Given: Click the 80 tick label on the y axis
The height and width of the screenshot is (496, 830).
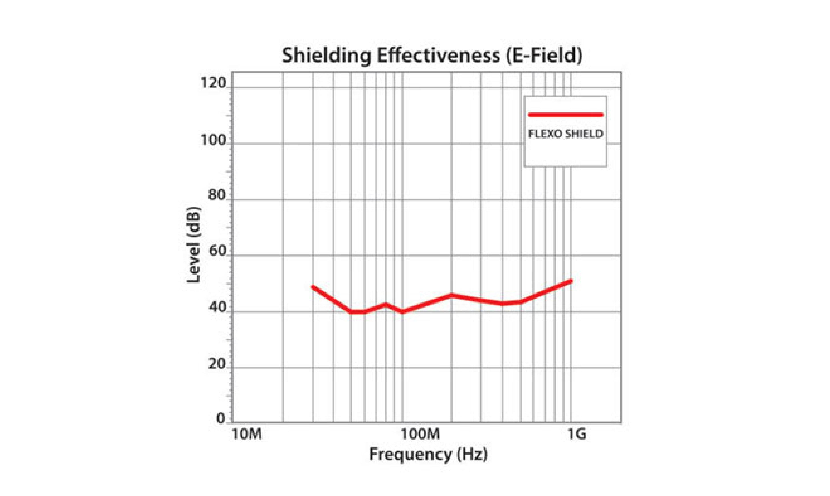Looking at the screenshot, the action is click(x=217, y=195).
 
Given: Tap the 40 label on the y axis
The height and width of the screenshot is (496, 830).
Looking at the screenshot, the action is click(x=217, y=307).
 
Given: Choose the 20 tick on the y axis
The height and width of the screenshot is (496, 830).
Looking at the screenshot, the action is click(x=217, y=364).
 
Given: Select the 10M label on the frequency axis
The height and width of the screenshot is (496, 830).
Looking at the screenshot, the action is click(x=247, y=434).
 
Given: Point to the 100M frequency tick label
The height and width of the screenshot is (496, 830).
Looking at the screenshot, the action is click(x=420, y=434).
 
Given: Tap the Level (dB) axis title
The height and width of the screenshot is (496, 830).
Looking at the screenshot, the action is click(x=194, y=245).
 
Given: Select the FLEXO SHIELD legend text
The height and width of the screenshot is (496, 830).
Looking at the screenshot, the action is click(x=566, y=134).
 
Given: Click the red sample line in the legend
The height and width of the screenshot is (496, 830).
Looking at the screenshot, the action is click(x=566, y=115).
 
